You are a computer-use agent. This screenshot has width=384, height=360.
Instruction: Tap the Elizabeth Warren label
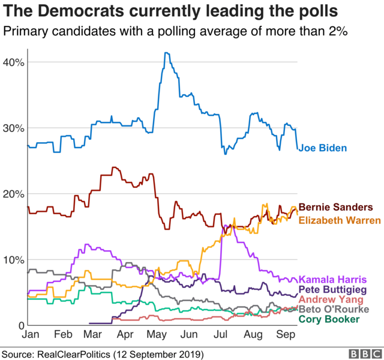[339, 220]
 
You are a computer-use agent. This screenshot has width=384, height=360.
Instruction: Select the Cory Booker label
[329, 319]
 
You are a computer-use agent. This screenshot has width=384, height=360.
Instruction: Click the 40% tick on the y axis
[13, 62]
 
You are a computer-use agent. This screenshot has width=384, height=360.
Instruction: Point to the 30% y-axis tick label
[13, 128]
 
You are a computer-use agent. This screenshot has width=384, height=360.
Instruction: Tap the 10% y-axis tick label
[13, 260]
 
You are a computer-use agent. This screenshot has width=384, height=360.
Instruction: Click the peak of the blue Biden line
[166, 53]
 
